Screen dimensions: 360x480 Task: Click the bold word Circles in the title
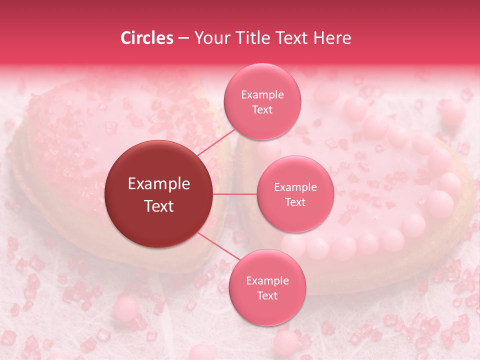click(x=146, y=38)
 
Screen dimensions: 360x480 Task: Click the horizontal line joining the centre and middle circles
click(x=235, y=194)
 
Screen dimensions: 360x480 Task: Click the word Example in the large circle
click(x=159, y=184)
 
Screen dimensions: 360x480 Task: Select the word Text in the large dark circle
click(x=159, y=206)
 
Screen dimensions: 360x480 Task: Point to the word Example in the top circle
click(x=262, y=95)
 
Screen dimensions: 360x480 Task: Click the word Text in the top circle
click(x=262, y=109)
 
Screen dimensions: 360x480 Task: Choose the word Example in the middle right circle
click(x=295, y=187)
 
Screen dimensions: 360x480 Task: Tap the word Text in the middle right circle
click(x=295, y=202)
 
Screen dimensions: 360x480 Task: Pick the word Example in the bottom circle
click(x=267, y=281)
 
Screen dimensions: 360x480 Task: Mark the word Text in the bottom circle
click(x=267, y=295)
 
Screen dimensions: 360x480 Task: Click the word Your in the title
click(x=211, y=38)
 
